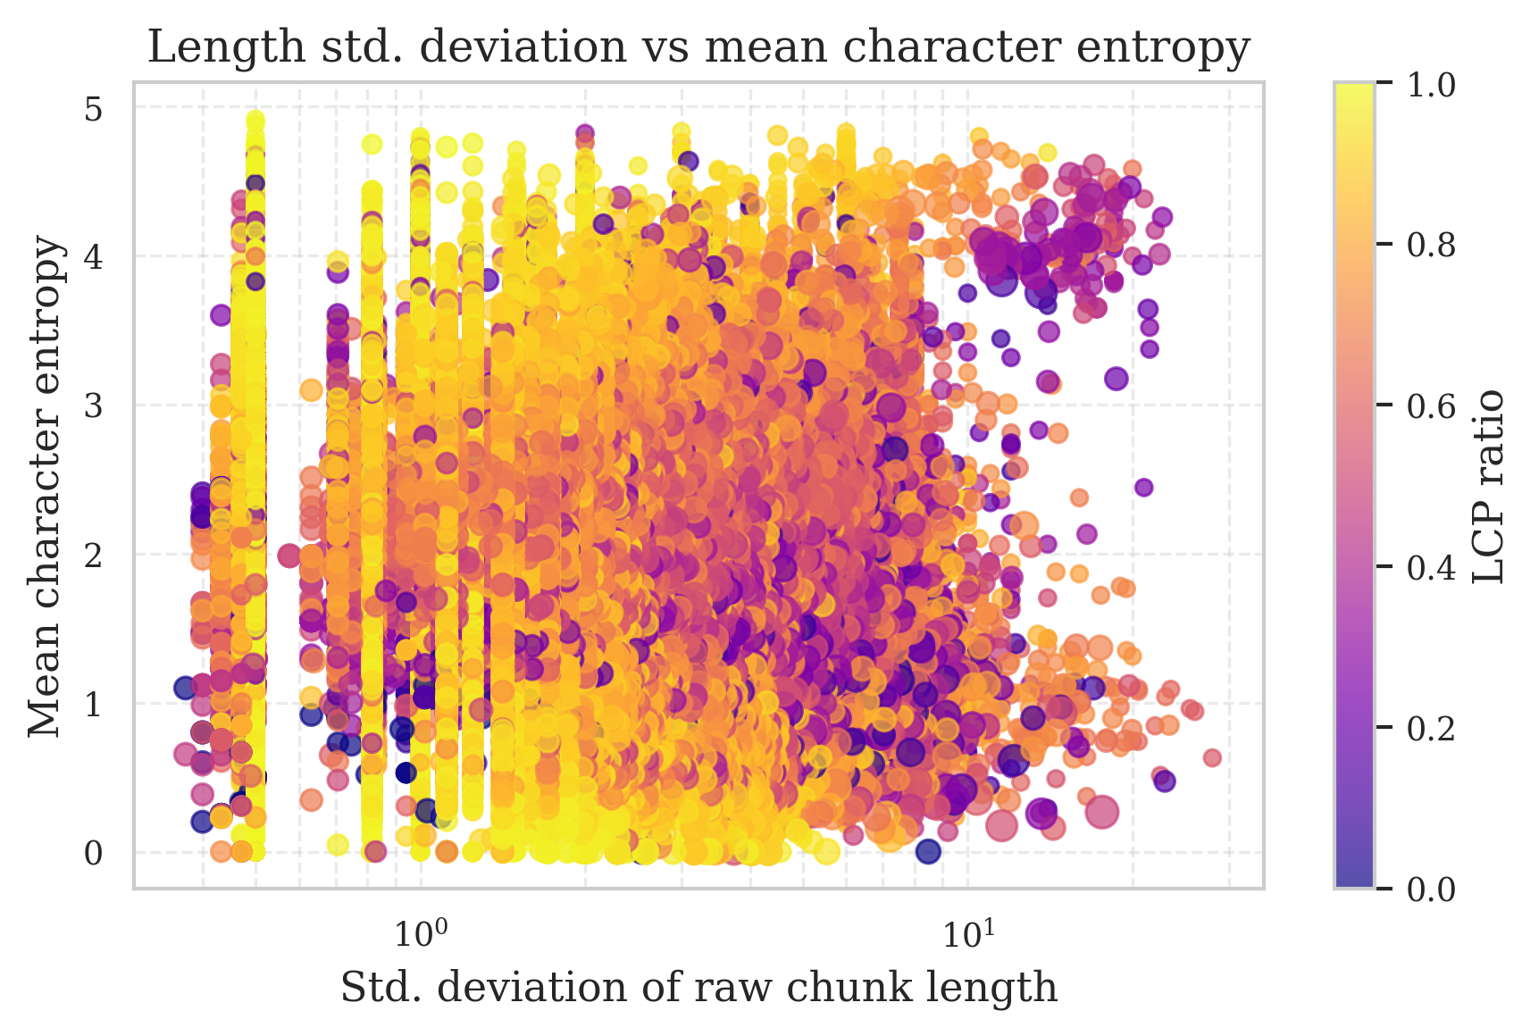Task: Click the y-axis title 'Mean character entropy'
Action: (46, 487)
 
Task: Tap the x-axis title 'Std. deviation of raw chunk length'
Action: (698, 988)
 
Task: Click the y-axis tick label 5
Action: (94, 109)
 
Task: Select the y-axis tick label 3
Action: (94, 405)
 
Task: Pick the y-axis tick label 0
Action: (94, 853)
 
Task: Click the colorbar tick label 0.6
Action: (1431, 405)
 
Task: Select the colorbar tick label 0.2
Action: (1431, 727)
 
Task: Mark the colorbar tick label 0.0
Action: (1431, 889)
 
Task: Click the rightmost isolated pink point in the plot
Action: (1212, 757)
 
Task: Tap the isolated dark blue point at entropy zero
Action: (928, 851)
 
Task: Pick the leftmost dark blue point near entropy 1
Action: (185, 688)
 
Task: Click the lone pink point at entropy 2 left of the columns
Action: (289, 556)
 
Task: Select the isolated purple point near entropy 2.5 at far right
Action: (1143, 487)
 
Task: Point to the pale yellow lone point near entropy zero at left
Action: (337, 844)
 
